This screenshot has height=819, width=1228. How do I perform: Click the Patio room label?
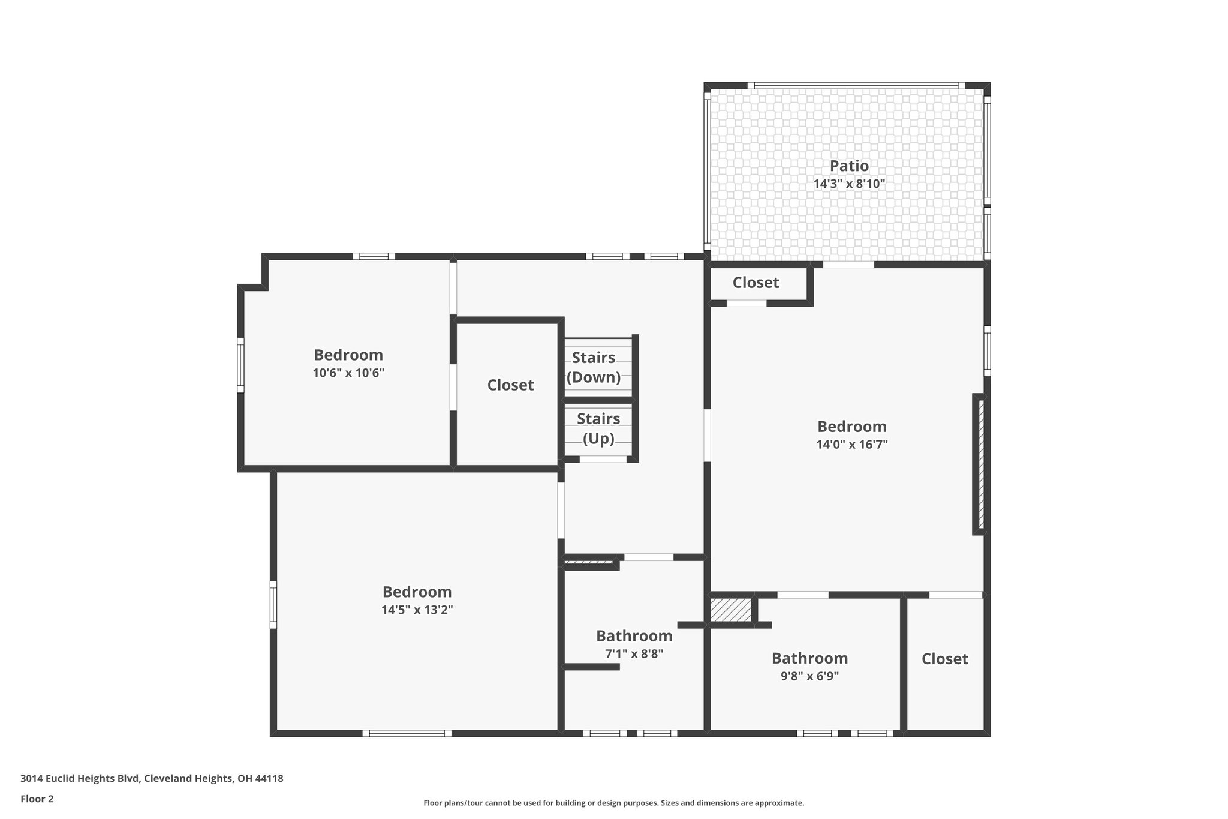coord(849,166)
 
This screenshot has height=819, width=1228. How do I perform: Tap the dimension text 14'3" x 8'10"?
coord(849,184)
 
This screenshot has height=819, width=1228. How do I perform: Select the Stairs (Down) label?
coord(594,367)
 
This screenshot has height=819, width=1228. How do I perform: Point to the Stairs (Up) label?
coord(598,428)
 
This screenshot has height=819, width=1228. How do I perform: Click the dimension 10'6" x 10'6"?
coord(348,373)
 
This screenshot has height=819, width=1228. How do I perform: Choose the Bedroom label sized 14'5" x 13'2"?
coord(417,592)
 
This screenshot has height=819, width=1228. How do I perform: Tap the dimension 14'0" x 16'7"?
coord(851,445)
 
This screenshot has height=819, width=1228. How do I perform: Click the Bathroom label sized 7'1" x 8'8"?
coord(634,636)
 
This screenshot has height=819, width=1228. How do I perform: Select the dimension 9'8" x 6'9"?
coord(809,676)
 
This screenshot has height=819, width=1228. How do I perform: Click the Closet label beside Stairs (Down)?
coord(510,385)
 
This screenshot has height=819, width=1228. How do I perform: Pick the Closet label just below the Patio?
coord(756,283)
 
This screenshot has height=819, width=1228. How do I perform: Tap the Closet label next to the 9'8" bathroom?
coord(944,659)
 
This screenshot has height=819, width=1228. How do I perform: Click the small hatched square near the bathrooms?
coord(730,610)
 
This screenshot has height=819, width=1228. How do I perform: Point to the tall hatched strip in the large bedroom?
coord(981,464)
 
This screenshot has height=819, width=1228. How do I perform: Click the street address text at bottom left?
coord(152,778)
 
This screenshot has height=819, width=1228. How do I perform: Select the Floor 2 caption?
coord(37,799)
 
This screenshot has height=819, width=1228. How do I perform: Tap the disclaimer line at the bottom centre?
coord(613,803)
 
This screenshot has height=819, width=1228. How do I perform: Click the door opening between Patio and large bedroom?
coord(848,265)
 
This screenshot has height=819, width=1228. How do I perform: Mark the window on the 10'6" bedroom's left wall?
coord(240,365)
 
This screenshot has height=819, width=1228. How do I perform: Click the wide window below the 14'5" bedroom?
coord(407,733)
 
